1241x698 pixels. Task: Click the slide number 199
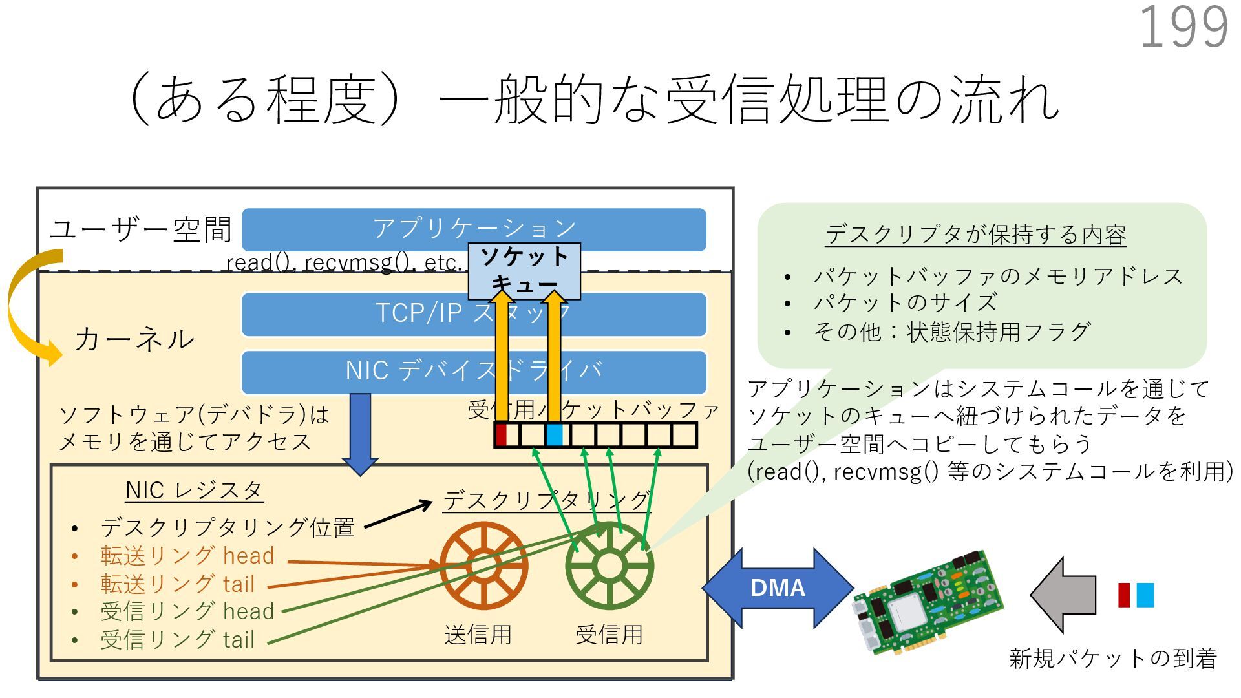tap(1183, 27)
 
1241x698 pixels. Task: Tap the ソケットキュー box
tap(524, 270)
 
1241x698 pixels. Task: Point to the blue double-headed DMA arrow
tap(778, 588)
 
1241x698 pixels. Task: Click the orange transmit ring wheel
tap(483, 566)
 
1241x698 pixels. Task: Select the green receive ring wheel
tap(609, 566)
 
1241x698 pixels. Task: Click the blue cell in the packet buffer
tap(554, 434)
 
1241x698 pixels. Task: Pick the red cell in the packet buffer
tap(501, 434)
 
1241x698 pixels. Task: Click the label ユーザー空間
tap(140, 230)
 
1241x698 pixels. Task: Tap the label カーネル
tap(134, 339)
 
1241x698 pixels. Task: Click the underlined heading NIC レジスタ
tap(194, 491)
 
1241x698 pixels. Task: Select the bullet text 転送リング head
tap(187, 556)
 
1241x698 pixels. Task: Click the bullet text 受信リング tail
tap(178, 640)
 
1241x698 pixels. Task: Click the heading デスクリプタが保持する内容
tap(975, 235)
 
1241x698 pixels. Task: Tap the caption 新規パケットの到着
tap(1112, 658)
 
